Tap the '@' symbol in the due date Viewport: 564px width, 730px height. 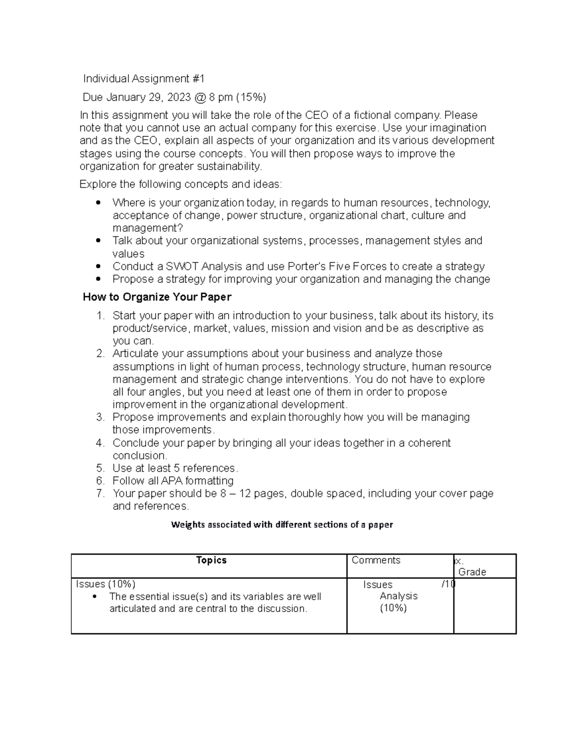pyautogui.click(x=199, y=97)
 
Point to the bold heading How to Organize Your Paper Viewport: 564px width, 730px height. pyautogui.click(x=157, y=297)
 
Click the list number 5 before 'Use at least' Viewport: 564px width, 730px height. pyautogui.click(x=100, y=468)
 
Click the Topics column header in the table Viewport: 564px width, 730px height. pyautogui.click(x=211, y=560)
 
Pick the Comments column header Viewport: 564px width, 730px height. pyautogui.click(x=376, y=560)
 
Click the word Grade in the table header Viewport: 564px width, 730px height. pyautogui.click(x=472, y=572)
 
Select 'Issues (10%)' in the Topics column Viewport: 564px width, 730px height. pyautogui.click(x=106, y=584)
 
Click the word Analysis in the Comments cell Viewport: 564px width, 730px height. pyautogui.click(x=399, y=596)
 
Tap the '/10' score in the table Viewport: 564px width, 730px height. pyautogui.click(x=448, y=584)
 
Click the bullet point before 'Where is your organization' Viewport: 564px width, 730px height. pyautogui.click(x=98, y=203)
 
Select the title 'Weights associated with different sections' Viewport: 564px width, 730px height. pyautogui.click(x=282, y=525)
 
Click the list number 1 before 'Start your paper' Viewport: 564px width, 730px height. pyautogui.click(x=100, y=316)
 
